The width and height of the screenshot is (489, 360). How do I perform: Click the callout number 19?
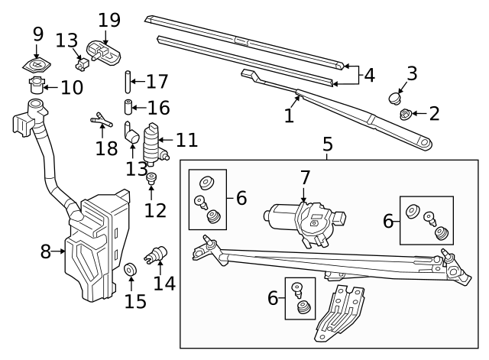tap(109, 19)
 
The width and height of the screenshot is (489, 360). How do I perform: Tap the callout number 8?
tap(45, 251)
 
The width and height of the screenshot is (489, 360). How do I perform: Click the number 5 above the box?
tap(327, 143)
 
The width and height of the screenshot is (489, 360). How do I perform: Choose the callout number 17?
tap(157, 80)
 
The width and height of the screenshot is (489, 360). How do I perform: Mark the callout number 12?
tap(155, 209)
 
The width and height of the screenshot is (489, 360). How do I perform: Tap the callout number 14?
tap(164, 283)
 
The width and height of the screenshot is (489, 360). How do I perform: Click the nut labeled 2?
tap(405, 115)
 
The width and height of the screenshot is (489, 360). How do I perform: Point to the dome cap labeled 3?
tap(396, 97)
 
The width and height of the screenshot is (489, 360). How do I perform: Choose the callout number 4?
tap(369, 76)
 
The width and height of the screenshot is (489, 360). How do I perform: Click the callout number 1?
tap(289, 116)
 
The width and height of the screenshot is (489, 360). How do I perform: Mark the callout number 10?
tap(71, 87)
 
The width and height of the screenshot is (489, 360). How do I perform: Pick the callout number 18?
tap(106, 148)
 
